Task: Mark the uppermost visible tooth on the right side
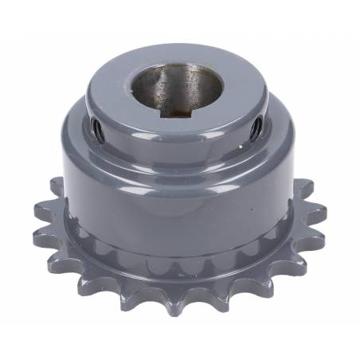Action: (x=303, y=188)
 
